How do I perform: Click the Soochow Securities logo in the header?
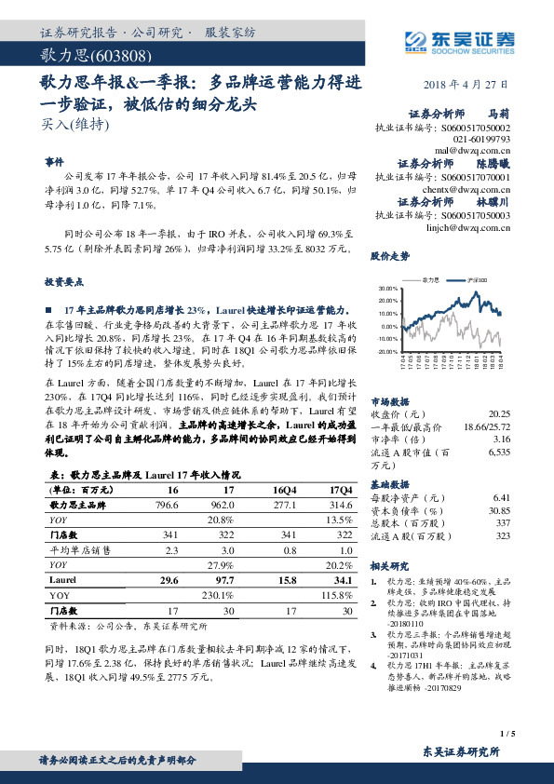point(453,38)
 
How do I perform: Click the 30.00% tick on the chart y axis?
point(388,289)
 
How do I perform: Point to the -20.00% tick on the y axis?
point(387,351)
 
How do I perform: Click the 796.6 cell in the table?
point(167,504)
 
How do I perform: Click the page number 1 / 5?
point(507,734)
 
